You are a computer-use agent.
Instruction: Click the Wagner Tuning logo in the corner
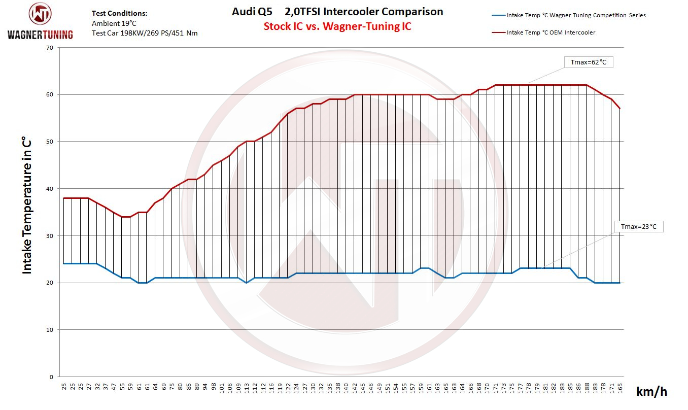40,20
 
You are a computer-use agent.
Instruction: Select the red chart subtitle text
337,26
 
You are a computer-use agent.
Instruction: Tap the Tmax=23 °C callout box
638,226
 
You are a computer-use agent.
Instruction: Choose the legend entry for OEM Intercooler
551,32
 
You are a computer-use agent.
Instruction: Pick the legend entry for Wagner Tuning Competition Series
576,15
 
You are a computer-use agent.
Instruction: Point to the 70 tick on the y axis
49,48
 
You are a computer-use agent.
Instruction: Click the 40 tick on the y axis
49,189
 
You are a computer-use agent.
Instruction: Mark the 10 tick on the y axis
49,330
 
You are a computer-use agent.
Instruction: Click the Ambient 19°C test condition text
114,23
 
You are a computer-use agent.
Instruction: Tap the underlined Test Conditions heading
119,14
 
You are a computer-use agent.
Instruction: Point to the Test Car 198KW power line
145,33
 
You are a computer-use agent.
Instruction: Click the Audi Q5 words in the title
252,12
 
